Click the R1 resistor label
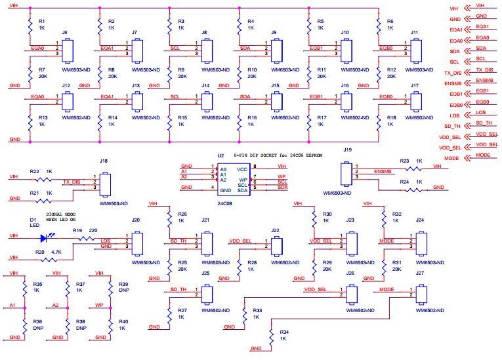(43, 22)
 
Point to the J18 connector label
(104, 160)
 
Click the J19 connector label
(348, 150)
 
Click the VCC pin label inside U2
(243, 169)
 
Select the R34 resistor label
(283, 331)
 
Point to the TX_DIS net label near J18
(71, 182)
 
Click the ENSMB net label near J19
(383, 172)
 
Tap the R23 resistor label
(404, 160)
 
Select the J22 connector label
(276, 231)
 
